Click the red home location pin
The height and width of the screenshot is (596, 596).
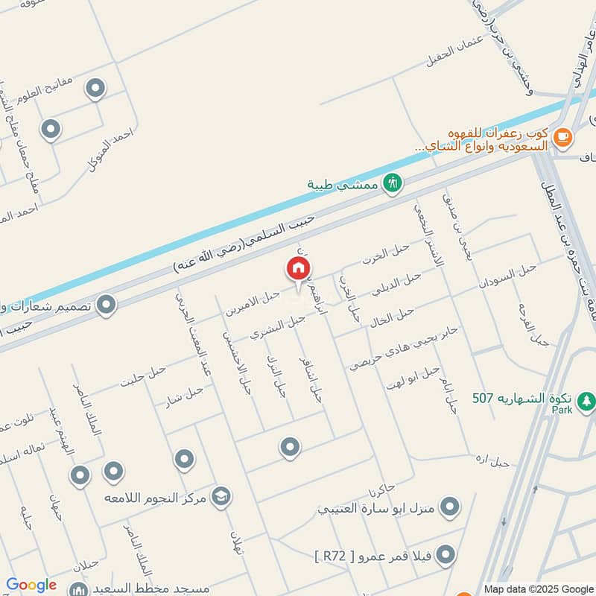298,269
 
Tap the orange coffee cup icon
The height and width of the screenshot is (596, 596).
562,136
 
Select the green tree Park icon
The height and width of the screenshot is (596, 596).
588,400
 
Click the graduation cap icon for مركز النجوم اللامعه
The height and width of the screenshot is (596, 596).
221,495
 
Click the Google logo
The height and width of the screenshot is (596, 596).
31,585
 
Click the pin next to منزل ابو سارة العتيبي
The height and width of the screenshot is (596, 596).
449,507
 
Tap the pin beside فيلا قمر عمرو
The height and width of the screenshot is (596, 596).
446,554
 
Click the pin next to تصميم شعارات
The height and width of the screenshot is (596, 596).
107,304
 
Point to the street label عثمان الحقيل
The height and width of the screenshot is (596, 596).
455,54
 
